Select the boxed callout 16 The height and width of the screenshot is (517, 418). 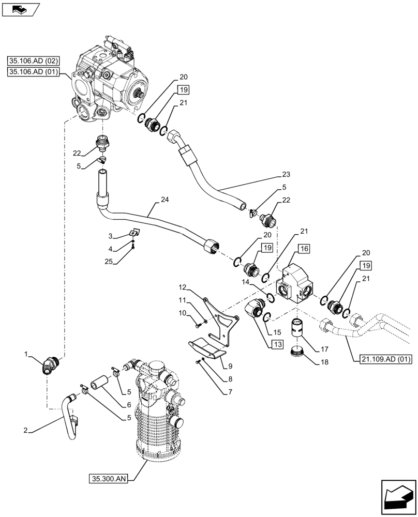point(304,249)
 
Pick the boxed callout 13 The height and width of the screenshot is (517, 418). point(278,345)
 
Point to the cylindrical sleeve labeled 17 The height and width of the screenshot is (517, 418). point(297,329)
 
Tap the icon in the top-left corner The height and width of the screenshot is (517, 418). point(21,9)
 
